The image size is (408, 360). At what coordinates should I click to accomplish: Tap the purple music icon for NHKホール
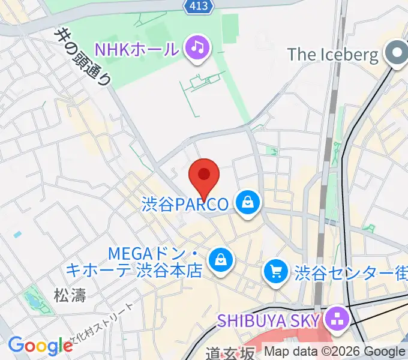pyautogui.click(x=197, y=47)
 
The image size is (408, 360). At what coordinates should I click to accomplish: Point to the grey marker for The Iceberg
pyautogui.click(x=397, y=54)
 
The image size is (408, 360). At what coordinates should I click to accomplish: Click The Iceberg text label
pyautogui.click(x=333, y=55)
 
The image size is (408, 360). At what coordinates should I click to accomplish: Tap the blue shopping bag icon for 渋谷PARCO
pyautogui.click(x=247, y=204)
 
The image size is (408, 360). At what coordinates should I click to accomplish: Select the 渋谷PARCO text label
pyautogui.click(x=185, y=205)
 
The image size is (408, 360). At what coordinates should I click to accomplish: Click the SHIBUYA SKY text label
pyautogui.click(x=268, y=319)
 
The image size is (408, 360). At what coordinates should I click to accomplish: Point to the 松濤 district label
pyautogui.click(x=70, y=295)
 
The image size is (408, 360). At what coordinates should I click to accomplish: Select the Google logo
pyautogui.click(x=40, y=346)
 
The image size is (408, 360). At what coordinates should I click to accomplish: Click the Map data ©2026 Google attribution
pyautogui.click(x=335, y=352)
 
